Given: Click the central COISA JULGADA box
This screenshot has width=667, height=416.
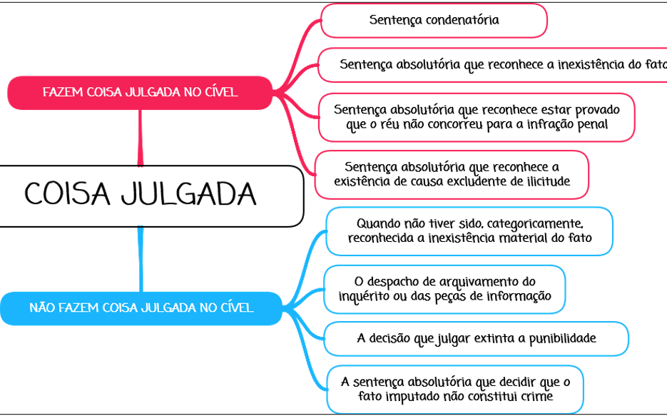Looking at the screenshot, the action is [x=151, y=196].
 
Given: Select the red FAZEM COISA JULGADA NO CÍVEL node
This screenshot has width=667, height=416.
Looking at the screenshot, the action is [x=140, y=93].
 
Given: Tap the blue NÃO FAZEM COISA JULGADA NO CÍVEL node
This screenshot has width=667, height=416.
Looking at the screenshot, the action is [x=141, y=308].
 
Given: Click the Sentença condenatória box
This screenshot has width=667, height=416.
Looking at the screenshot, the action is [x=434, y=21].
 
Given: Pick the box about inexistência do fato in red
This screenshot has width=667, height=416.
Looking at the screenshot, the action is [x=492, y=65].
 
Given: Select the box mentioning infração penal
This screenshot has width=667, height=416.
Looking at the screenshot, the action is [x=477, y=118].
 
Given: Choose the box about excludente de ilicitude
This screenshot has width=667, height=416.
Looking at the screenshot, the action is [x=452, y=174].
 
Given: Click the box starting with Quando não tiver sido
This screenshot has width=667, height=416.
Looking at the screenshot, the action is [x=469, y=231].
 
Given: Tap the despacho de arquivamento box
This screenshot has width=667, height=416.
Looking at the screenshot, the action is [x=444, y=289].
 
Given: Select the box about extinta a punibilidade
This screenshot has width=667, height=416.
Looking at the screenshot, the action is [x=476, y=339].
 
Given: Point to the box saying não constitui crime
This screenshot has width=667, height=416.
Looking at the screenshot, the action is [x=455, y=389].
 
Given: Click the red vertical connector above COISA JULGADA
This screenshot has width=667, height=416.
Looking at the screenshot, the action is [x=141, y=138].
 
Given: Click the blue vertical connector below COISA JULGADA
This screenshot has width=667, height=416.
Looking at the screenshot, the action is [x=141, y=260].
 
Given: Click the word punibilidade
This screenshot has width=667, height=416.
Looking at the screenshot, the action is [x=562, y=339].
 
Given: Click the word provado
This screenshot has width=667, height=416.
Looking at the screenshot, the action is [x=597, y=110].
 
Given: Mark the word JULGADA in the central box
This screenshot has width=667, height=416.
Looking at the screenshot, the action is [x=188, y=194].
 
